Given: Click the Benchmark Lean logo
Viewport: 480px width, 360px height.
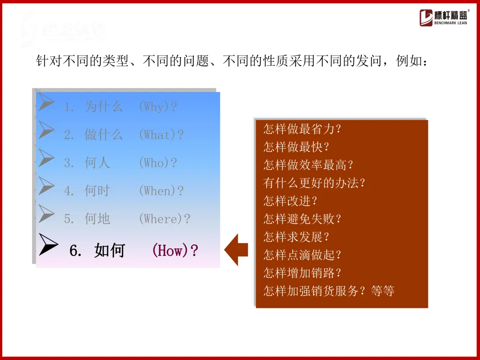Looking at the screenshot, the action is [443, 18].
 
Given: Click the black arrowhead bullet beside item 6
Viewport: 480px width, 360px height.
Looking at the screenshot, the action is [48, 244].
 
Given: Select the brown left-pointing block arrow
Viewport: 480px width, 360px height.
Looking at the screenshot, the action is [236, 250].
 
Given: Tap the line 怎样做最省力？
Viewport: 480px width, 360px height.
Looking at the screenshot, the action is [302, 129].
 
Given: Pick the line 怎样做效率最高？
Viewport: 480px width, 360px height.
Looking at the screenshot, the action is [308, 165].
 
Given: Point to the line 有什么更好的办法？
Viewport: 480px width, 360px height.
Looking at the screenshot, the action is [314, 183].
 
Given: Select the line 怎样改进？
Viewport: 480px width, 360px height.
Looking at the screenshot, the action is [291, 201].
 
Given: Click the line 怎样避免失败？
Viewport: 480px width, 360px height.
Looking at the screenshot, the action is [302, 219].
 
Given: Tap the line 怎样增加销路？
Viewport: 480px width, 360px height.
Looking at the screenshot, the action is [302, 273].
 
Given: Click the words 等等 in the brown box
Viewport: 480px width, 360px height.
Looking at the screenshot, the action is [383, 291].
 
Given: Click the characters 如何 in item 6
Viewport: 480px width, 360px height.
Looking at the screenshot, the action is [110, 251].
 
